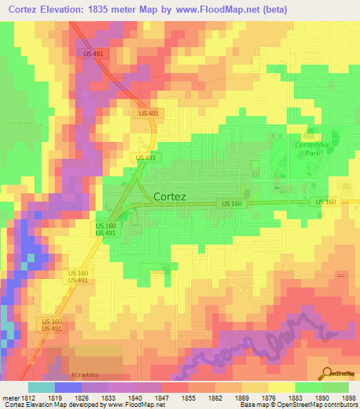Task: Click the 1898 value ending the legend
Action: click(349, 398)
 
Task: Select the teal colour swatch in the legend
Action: click(41, 387)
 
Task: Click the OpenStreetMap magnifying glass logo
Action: click(325, 372)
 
